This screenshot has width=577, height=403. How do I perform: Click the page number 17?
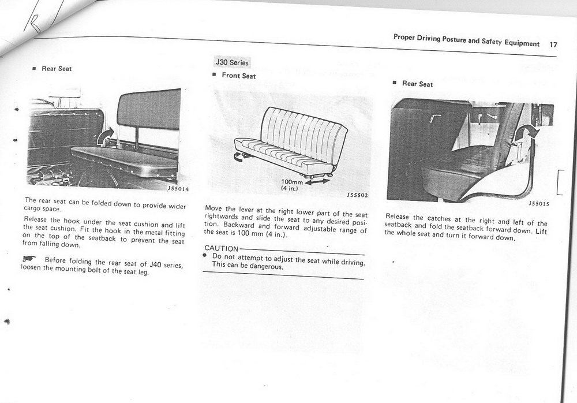[x=553, y=44]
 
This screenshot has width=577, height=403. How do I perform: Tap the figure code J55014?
[x=178, y=189]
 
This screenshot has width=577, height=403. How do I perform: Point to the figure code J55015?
[x=539, y=203]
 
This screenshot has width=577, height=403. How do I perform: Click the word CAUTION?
[x=217, y=248]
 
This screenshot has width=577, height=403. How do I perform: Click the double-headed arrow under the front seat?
[x=318, y=181]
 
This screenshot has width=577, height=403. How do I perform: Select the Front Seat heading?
[x=238, y=76]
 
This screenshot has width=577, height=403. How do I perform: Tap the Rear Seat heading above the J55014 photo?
[x=57, y=69]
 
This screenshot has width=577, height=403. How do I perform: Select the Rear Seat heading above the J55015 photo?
[x=417, y=84]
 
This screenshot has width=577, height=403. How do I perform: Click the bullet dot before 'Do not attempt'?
[x=206, y=255]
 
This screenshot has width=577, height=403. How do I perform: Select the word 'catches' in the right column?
[x=439, y=218]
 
